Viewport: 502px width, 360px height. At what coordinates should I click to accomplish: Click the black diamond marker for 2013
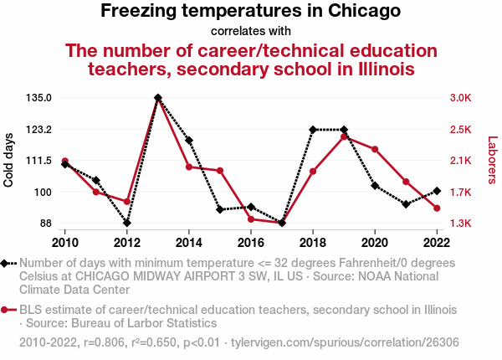[x=158, y=98]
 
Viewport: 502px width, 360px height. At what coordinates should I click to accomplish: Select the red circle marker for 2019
[x=344, y=136]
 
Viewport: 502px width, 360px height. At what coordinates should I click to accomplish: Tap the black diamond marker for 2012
[x=127, y=223]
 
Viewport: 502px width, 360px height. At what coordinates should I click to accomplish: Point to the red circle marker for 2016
[x=251, y=219]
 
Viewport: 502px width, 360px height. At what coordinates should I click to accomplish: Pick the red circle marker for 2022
[x=437, y=208]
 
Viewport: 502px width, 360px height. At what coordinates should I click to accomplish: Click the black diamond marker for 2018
[x=313, y=130]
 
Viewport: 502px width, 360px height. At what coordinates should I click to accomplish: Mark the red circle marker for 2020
[x=375, y=150]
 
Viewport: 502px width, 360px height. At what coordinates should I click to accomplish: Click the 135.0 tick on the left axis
[x=38, y=98]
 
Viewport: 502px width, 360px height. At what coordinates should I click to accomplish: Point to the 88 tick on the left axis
[x=45, y=224]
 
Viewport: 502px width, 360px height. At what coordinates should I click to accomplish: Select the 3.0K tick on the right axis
[x=460, y=98]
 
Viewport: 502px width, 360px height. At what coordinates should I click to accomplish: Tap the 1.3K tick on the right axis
[x=460, y=224]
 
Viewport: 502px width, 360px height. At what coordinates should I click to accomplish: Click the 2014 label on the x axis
[x=189, y=243]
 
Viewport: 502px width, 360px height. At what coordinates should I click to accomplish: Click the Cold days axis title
[x=9, y=160]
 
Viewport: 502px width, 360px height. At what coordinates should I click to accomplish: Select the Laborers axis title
[x=493, y=160]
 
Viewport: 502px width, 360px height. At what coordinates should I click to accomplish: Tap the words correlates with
[x=251, y=32]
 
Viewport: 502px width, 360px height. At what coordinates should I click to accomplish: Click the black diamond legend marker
[x=7, y=264]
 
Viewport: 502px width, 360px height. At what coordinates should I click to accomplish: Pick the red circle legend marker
[x=7, y=310]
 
